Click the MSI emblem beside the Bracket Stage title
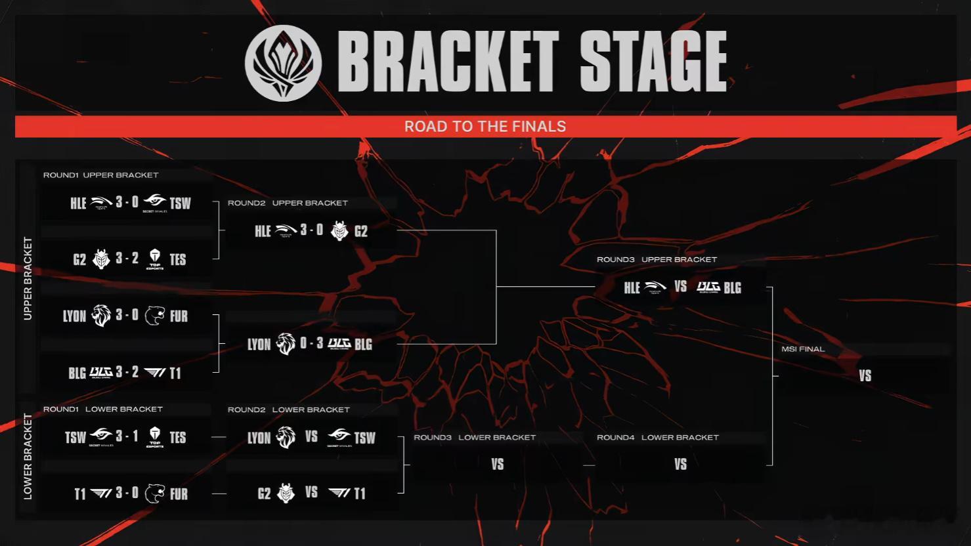[x=283, y=63]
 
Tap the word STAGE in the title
[x=653, y=61]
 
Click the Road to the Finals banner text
[x=485, y=126]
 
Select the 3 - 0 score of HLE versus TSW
[x=127, y=202]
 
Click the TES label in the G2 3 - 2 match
[x=178, y=260]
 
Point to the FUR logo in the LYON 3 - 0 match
[x=154, y=316]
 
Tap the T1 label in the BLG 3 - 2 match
[x=175, y=373]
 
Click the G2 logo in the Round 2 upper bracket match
[x=339, y=231]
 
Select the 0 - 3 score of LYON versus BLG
[x=311, y=343]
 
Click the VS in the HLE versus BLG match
[x=681, y=286]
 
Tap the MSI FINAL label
[x=803, y=349]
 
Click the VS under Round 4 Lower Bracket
[x=681, y=465]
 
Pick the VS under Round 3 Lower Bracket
[x=498, y=465]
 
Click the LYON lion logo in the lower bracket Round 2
[x=286, y=437]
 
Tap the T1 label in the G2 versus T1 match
[x=360, y=493]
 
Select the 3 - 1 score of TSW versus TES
[x=127, y=436]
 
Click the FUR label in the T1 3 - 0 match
[x=179, y=494]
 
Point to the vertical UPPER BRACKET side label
[x=28, y=279]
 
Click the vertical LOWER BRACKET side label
[x=28, y=456]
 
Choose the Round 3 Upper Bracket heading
[x=657, y=260]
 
